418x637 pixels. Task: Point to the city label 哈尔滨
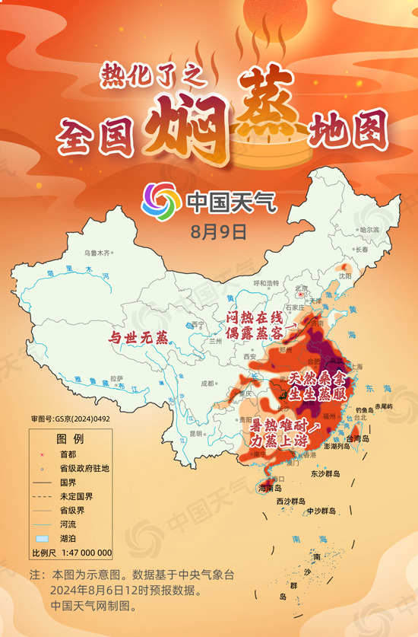click(x=369, y=230)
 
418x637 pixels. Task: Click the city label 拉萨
click(x=116, y=377)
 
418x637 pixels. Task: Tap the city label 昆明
click(x=197, y=433)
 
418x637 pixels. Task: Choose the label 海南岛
click(x=271, y=488)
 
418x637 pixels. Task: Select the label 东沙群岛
click(x=326, y=473)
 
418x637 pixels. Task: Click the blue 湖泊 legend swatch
click(x=42, y=538)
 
